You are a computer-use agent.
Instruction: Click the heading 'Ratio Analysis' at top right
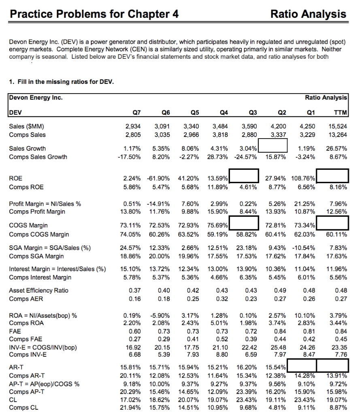point(308,14)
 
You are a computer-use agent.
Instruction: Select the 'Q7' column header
point(135,113)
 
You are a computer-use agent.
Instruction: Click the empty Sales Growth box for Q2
point(273,145)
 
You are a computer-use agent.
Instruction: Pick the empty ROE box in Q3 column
point(245,176)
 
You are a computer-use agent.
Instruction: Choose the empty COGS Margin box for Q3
point(245,222)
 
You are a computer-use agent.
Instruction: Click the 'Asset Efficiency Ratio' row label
point(39,290)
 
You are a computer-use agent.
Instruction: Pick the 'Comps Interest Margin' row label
point(40,277)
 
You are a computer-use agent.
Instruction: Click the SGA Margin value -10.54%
point(303,248)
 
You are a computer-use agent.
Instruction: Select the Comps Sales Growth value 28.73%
point(217,157)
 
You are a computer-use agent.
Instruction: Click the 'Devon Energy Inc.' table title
point(36,98)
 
